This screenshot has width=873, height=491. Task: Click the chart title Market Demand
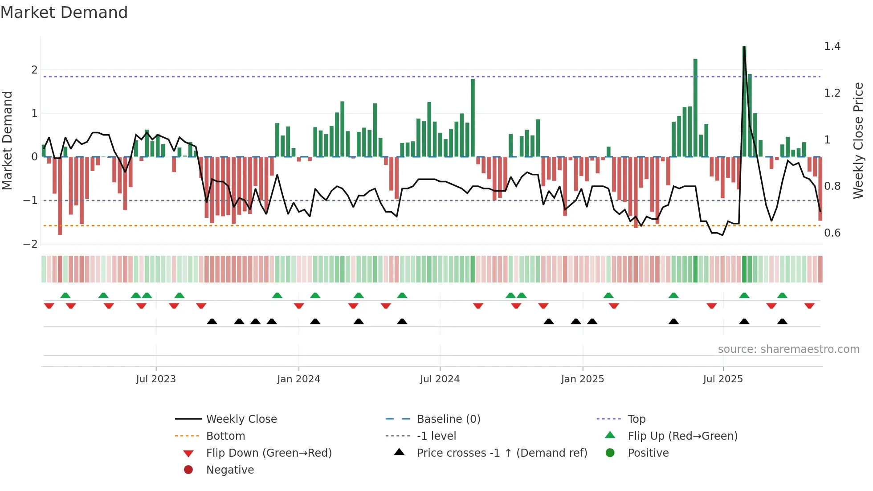click(64, 12)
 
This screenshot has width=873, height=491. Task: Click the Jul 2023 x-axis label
click(156, 379)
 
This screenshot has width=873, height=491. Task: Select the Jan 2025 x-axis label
click(582, 379)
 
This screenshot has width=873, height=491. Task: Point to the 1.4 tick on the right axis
click(832, 46)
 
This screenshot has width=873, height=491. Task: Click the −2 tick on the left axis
click(30, 244)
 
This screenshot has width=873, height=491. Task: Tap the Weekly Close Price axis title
click(858, 140)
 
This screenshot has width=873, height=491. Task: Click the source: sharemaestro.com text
click(788, 349)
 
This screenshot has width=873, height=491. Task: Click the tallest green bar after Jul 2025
click(744, 102)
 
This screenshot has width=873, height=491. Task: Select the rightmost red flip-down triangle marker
click(809, 306)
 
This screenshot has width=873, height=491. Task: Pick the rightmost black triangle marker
click(782, 321)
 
